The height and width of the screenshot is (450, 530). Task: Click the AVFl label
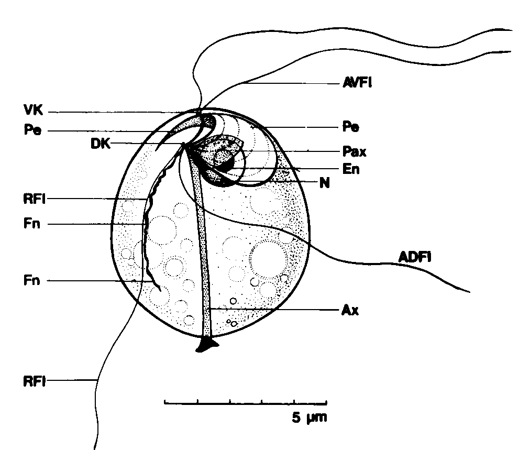click(x=357, y=82)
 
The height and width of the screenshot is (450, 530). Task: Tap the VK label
click(x=34, y=110)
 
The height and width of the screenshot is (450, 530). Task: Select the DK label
click(x=101, y=144)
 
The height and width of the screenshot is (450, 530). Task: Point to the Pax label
click(x=354, y=151)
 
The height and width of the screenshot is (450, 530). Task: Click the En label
click(x=351, y=169)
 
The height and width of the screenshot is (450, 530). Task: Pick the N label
click(x=325, y=183)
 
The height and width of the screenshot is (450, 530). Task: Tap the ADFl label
click(x=415, y=257)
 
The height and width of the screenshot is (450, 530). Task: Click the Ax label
click(x=350, y=310)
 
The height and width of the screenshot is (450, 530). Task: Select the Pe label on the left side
click(x=32, y=130)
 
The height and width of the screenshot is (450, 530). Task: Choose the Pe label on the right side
click(x=350, y=127)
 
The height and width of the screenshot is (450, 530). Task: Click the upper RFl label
click(x=35, y=199)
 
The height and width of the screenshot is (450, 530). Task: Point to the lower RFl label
click(x=35, y=381)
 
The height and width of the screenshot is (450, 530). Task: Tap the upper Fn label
click(x=32, y=224)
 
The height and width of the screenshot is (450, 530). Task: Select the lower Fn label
click(x=32, y=280)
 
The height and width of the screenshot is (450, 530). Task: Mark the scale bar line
click(x=246, y=403)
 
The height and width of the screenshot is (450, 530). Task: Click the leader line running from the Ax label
click(x=274, y=310)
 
